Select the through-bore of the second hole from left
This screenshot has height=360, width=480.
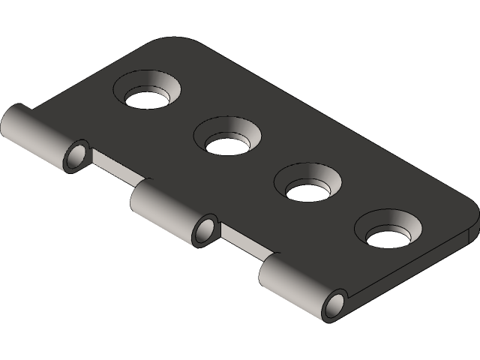[228, 145]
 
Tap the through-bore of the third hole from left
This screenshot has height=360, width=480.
[309, 191]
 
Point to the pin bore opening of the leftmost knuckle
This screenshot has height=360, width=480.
[76, 157]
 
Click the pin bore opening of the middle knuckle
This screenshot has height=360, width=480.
[204, 230]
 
